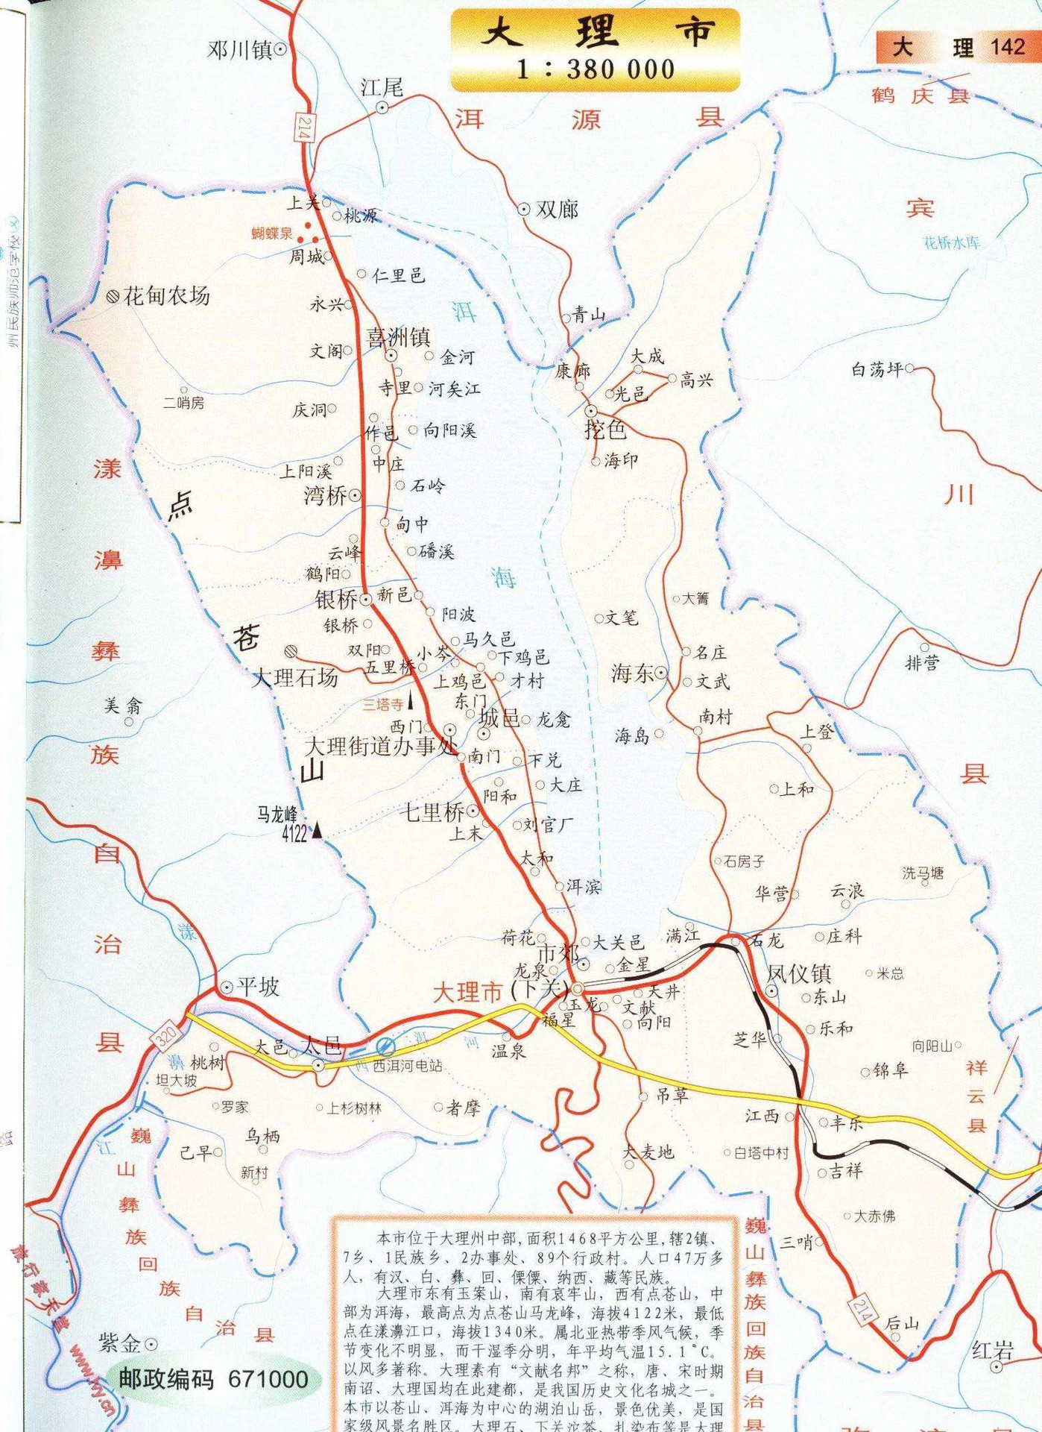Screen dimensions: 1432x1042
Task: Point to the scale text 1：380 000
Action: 596,70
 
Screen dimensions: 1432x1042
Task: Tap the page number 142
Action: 1007,47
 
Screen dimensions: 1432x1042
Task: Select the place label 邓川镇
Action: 241,51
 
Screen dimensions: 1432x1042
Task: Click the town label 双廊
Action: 557,210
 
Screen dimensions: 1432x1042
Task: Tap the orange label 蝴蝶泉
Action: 273,233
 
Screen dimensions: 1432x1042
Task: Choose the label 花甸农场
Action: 166,296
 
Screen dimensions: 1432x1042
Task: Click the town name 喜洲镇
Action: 399,338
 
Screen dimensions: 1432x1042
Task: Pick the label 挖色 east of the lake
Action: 605,430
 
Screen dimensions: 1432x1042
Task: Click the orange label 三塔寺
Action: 382,704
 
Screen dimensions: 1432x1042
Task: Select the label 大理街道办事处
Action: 381,747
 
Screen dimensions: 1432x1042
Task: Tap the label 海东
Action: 633,673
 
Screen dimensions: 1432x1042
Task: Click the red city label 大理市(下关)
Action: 502,992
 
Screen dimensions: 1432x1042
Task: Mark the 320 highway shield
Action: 167,1037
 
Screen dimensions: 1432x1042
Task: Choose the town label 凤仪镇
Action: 800,973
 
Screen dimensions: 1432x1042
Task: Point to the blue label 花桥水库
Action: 952,243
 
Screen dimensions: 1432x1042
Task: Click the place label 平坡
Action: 258,987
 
